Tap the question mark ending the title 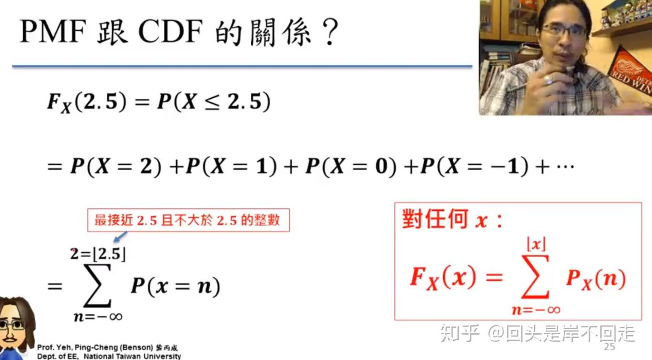(327, 33)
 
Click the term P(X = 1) (231, 167)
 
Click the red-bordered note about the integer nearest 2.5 (188, 221)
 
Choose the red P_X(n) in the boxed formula (595, 278)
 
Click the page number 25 (609, 347)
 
